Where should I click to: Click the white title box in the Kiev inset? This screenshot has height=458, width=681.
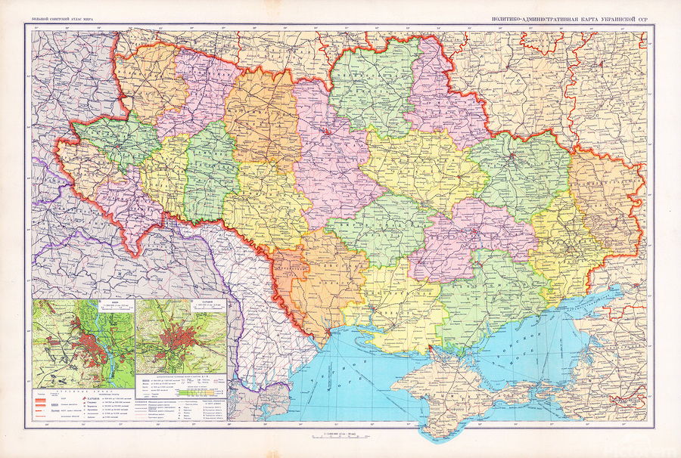[113, 304]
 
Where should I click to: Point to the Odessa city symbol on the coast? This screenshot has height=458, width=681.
[327, 331]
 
